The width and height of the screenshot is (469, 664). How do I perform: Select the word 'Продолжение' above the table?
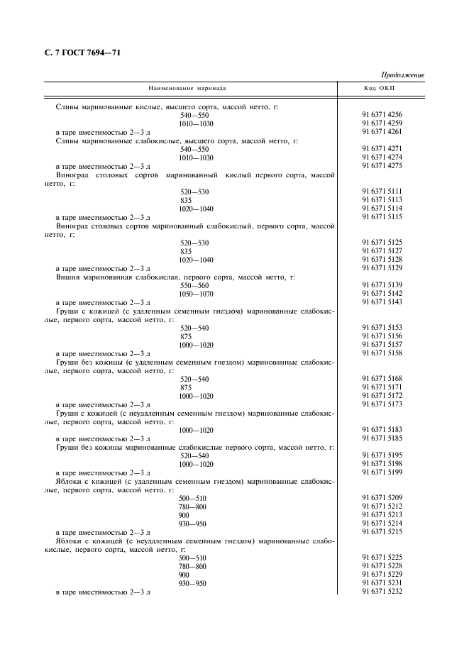(402, 75)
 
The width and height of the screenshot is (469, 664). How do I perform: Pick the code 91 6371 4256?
(382, 115)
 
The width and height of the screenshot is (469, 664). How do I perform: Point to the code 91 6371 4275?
(382, 166)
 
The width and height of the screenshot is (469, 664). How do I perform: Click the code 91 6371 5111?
(382, 192)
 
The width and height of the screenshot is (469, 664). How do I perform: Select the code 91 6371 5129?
(382, 268)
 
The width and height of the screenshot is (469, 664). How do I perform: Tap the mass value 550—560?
(194, 285)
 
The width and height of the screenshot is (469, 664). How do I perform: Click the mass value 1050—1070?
(197, 294)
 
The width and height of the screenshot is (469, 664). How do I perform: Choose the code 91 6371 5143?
(382, 302)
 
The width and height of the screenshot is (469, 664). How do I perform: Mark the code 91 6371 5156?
(382, 336)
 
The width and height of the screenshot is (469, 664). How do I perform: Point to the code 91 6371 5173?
(382, 404)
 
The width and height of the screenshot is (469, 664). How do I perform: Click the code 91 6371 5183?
(382, 430)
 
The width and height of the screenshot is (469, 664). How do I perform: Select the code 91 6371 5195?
(382, 455)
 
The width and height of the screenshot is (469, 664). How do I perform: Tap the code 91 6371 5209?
(382, 498)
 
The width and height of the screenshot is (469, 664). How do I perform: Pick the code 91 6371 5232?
(382, 592)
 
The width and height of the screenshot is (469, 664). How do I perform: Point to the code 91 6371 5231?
(382, 583)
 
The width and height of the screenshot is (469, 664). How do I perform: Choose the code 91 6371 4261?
(382, 132)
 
